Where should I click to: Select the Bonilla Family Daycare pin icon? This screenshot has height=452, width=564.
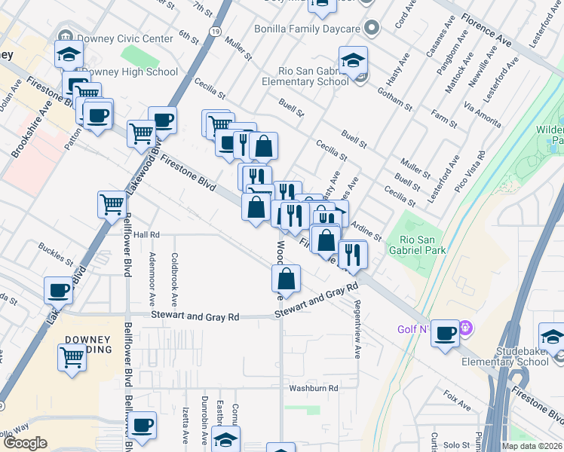tap(369, 29)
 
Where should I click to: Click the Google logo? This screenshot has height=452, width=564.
tap(25, 443)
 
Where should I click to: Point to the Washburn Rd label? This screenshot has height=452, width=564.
tap(313, 389)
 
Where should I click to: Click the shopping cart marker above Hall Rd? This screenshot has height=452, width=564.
tap(112, 203)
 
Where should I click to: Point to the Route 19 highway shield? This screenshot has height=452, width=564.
tap(216, 32)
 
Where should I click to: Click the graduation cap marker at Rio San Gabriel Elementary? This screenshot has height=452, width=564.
tap(353, 60)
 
